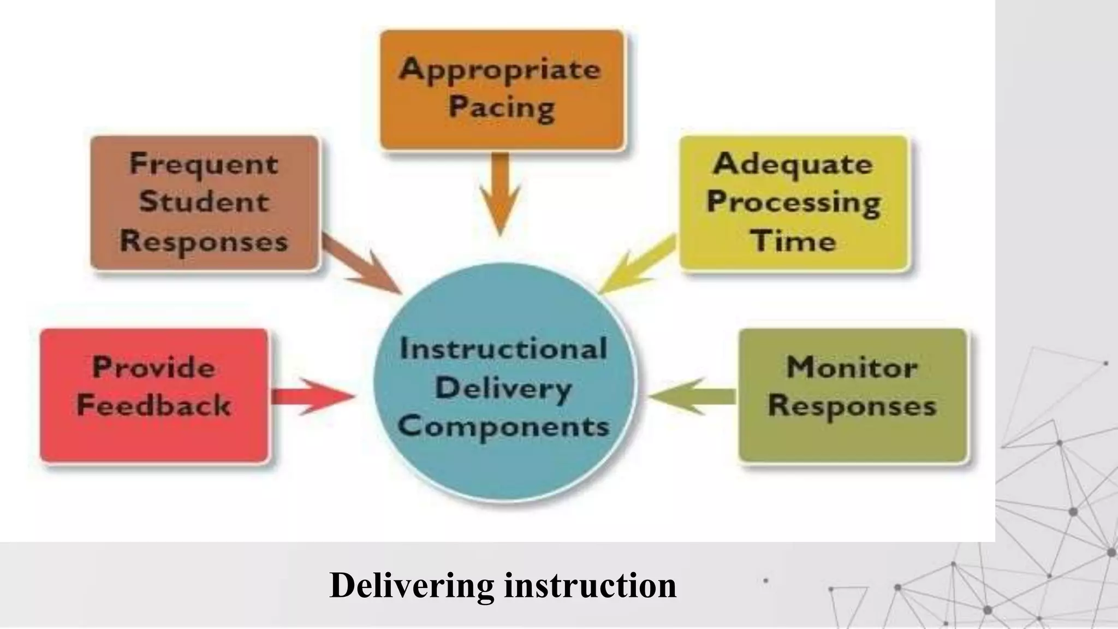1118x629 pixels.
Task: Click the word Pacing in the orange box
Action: click(502, 107)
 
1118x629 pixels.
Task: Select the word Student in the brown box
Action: click(204, 202)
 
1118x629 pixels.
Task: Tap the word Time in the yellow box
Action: click(793, 241)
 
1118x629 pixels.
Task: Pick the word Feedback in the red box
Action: click(154, 406)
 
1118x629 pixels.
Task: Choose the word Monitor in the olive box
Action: click(852, 367)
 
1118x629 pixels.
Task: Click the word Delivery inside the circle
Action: click(504, 388)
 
